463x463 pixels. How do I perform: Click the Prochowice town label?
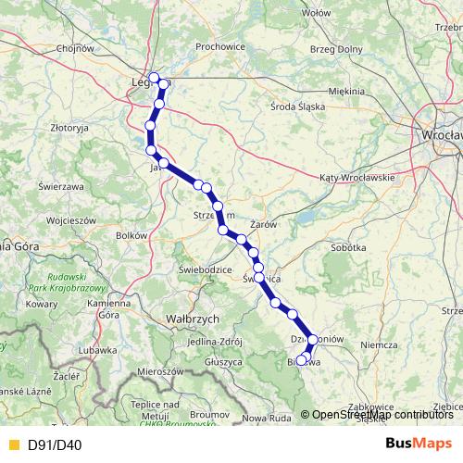[x=219, y=45]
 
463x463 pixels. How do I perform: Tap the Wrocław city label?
[x=440, y=134]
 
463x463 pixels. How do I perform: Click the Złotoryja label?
[x=69, y=127]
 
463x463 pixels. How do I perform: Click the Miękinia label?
[x=346, y=91]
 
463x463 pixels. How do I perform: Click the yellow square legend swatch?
[x=13, y=444]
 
